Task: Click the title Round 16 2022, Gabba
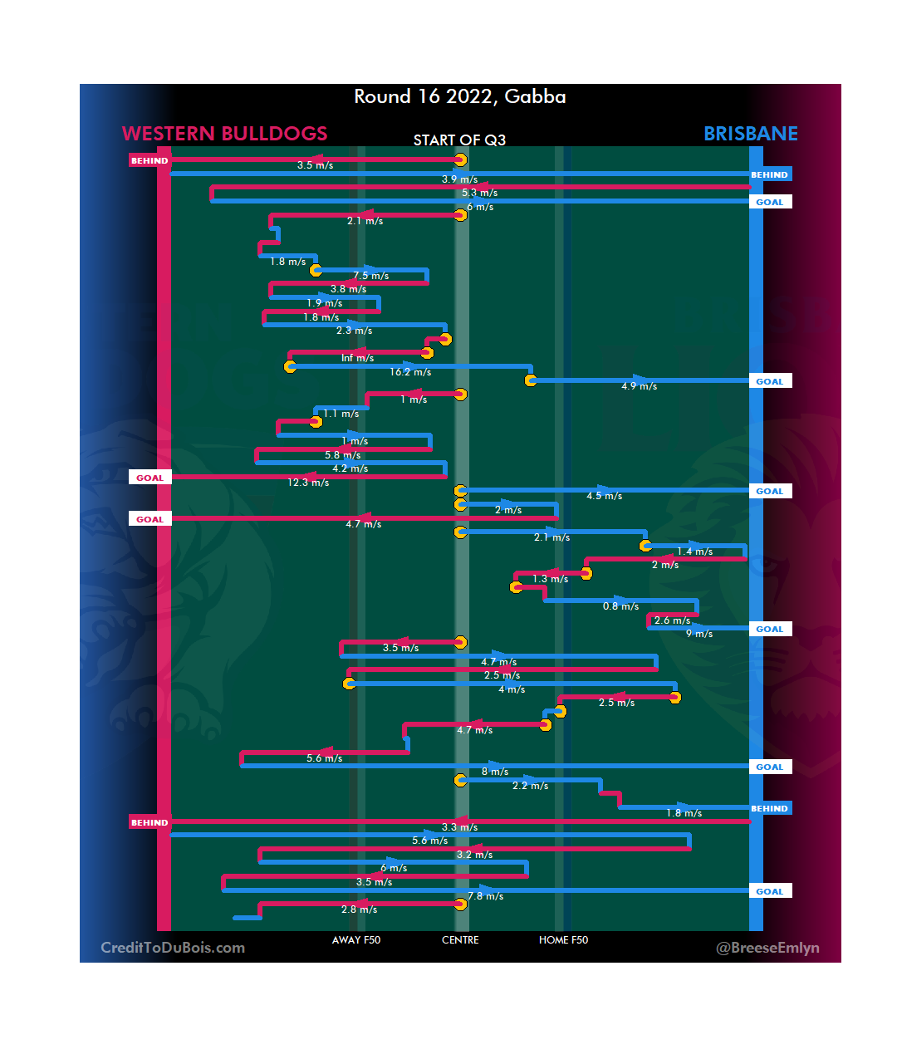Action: pyautogui.click(x=460, y=97)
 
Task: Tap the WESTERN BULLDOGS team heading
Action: pyautogui.click(x=224, y=134)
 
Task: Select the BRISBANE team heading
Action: pyautogui.click(x=750, y=134)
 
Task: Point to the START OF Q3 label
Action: pyautogui.click(x=459, y=140)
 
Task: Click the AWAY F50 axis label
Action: pyautogui.click(x=356, y=940)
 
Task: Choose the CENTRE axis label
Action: pyautogui.click(x=460, y=940)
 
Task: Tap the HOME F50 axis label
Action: pyautogui.click(x=563, y=940)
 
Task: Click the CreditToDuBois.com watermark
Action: pyautogui.click(x=173, y=948)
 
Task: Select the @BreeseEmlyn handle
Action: pyautogui.click(x=767, y=948)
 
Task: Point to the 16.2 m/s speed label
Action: pyautogui.click(x=410, y=372)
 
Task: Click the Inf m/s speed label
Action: pyautogui.click(x=357, y=358)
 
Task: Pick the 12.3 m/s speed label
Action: pyautogui.click(x=308, y=483)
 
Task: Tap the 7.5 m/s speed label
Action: pyautogui.click(x=370, y=276)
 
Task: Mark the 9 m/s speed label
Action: pyautogui.click(x=699, y=634)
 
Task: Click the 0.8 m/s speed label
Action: pyautogui.click(x=620, y=606)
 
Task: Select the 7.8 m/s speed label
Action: pyautogui.click(x=485, y=896)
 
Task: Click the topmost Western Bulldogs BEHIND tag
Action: pyautogui.click(x=149, y=161)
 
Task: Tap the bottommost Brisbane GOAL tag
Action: pyautogui.click(x=770, y=891)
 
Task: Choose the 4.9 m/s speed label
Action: pyautogui.click(x=639, y=386)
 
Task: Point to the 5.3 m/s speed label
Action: pyautogui.click(x=479, y=193)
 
